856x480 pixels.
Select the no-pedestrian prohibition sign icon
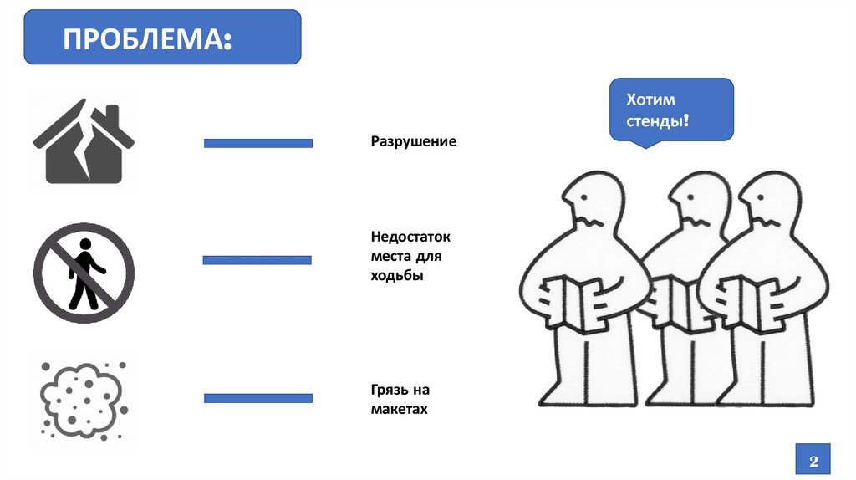coord(84,272)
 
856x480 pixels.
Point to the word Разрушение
coord(414,142)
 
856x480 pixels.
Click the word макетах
coord(400,410)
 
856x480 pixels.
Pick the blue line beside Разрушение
coord(258,143)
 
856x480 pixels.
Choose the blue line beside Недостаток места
coord(257,260)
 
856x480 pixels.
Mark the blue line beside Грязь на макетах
coord(258,397)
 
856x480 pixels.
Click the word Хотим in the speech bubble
coord(650,100)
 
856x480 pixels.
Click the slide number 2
coord(813,461)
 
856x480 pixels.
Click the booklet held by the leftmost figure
coord(578,303)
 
